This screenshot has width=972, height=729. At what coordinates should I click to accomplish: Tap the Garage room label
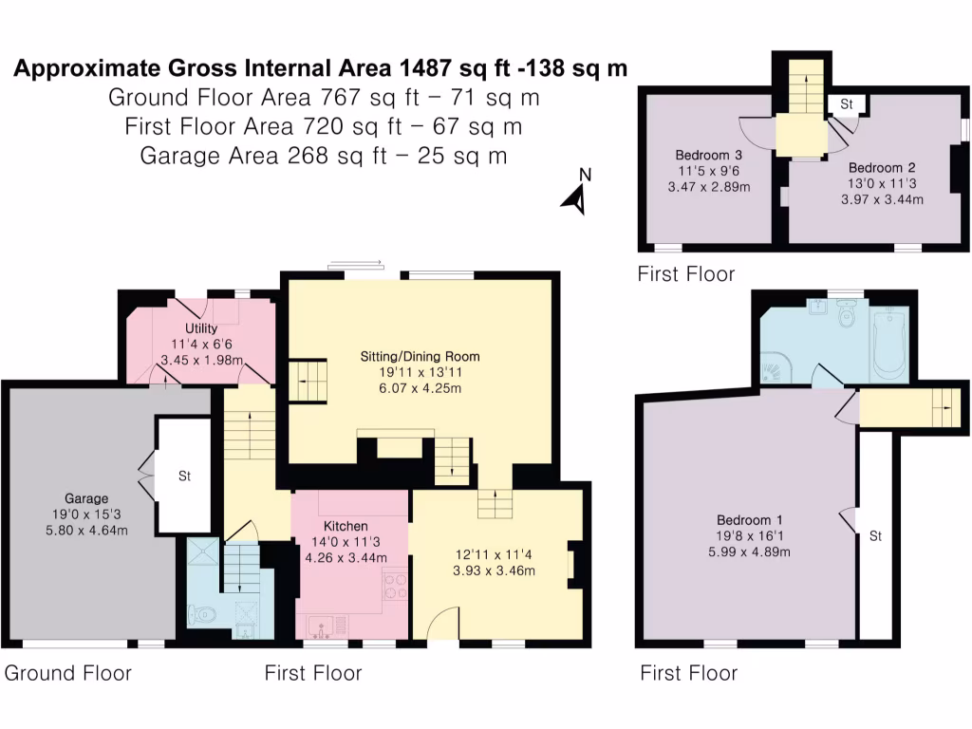point(86,498)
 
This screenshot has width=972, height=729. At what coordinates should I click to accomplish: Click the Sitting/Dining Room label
point(420,357)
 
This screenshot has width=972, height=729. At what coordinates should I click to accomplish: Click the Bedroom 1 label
point(749,520)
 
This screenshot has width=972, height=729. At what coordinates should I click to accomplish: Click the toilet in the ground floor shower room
point(204,616)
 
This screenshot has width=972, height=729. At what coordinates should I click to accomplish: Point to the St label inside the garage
point(184,476)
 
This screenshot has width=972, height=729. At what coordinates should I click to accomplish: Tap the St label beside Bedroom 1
point(875,536)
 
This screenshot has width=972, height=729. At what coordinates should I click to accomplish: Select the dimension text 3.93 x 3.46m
point(495,570)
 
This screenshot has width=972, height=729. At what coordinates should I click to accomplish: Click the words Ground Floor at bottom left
point(67,673)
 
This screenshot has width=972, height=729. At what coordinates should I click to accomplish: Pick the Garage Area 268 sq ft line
point(323,156)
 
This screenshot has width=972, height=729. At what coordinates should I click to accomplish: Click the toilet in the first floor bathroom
point(849,313)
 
